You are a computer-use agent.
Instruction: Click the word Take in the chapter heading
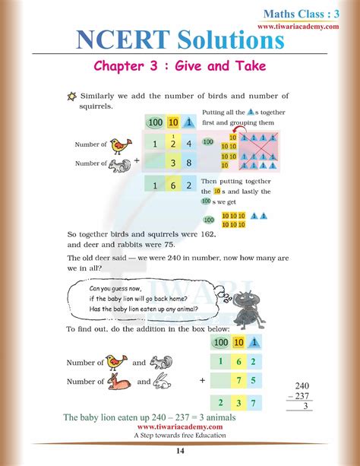tap(248, 66)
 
